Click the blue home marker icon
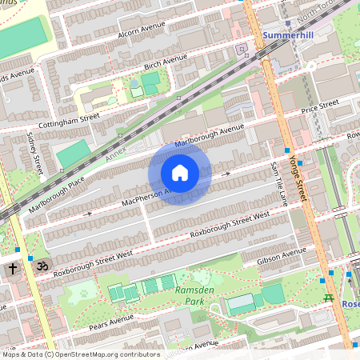pos(180,173)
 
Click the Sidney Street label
pos(34,153)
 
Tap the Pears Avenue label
pos(110,322)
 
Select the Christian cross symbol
pos(14,270)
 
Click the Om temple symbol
pos(43,265)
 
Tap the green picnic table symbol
pos(328,298)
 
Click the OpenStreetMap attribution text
pos(80,354)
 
